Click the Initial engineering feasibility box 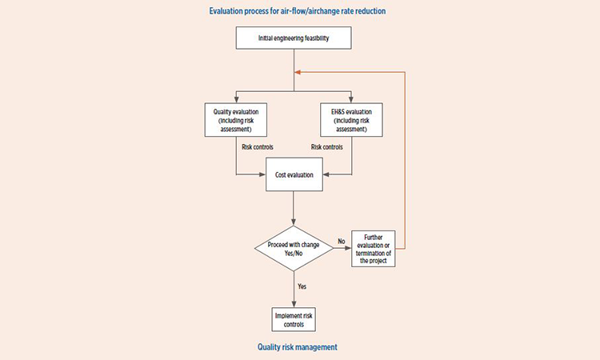point(294,38)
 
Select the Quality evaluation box point(236,120)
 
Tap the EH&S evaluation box point(351,120)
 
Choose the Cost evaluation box point(294,174)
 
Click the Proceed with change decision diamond point(294,248)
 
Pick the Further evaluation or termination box point(374,249)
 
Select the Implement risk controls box point(294,319)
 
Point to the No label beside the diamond point(342,242)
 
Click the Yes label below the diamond point(302,286)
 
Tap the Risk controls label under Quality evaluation point(258,147)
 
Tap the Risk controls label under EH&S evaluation point(326,147)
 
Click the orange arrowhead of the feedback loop point(298,72)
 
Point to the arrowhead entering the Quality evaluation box point(237,99)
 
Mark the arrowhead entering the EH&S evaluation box point(351,99)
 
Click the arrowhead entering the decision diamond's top point(294,222)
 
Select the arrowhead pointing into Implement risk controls point(294,304)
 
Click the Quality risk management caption point(298,347)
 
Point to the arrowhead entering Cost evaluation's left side point(262,174)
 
